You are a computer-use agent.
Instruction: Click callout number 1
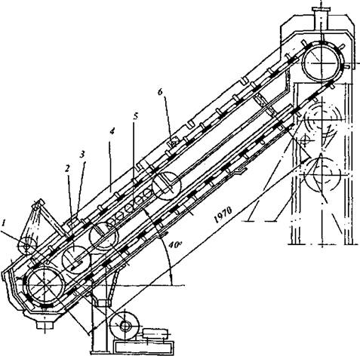(x=4, y=222)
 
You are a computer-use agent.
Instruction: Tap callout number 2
(x=66, y=169)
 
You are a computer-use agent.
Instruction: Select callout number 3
(x=82, y=155)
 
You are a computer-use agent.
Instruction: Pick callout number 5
(x=136, y=116)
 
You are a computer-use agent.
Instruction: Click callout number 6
(x=160, y=92)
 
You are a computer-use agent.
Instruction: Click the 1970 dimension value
(x=223, y=215)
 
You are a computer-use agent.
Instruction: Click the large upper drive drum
(x=322, y=63)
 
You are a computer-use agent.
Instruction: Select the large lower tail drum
(x=45, y=286)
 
